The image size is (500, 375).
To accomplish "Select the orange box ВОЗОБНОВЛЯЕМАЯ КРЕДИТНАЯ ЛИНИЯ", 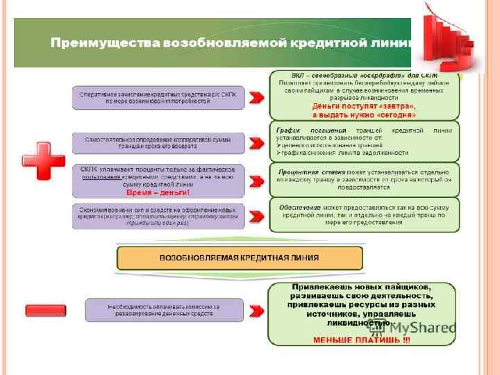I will tap(240, 258).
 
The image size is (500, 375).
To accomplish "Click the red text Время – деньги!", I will tap(148, 192).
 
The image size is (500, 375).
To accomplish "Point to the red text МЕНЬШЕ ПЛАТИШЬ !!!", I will tap(362, 340).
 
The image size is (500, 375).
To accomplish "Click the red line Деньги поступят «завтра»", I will tap(364, 106).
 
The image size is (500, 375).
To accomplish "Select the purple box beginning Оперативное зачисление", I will tap(159, 97).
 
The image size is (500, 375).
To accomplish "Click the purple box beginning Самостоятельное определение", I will tap(159, 143).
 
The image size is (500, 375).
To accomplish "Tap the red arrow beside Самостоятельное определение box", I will tap(257, 144).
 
